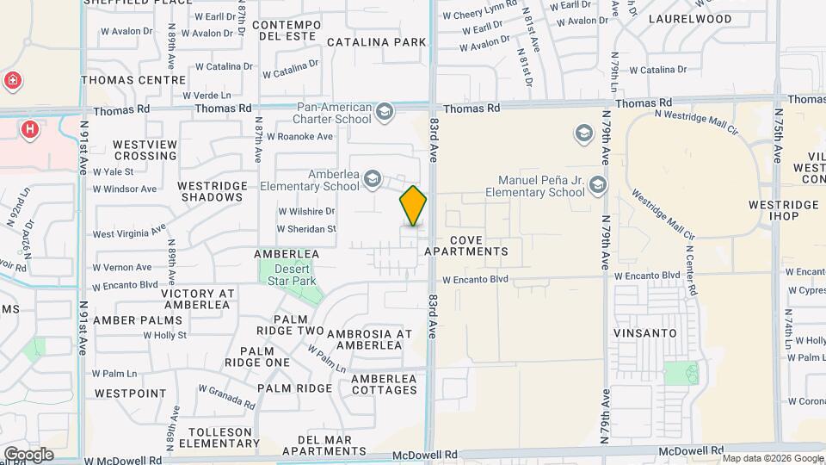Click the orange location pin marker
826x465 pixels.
coord(413,206)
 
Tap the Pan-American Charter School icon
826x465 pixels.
coord(384,111)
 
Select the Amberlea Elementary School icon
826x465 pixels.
coord(373,179)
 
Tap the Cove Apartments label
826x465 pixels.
coord(478,245)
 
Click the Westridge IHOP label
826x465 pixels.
coord(783,210)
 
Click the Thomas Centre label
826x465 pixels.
coord(133,80)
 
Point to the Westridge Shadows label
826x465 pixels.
coord(211,191)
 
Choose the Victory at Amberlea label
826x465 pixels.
coord(197,299)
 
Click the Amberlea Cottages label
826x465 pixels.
coord(384,384)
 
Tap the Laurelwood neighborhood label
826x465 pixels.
coord(690,18)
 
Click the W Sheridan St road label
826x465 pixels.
coord(306,229)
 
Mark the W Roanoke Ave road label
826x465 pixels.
coord(299,136)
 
